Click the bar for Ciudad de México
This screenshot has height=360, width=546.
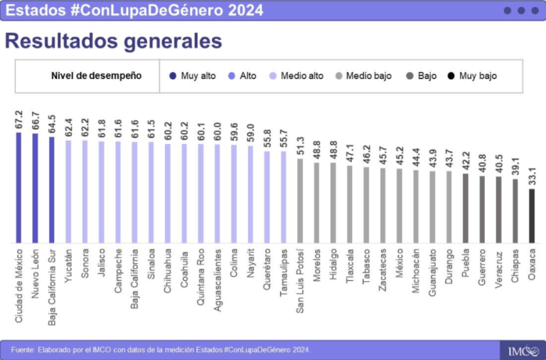point(19,188)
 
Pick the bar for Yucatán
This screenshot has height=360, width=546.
point(68,191)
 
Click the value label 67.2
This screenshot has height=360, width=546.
point(19,120)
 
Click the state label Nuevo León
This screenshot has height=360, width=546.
point(36,277)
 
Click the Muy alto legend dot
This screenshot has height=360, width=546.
point(173,76)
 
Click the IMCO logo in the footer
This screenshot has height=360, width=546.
point(523,350)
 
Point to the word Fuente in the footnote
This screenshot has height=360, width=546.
point(23,349)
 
